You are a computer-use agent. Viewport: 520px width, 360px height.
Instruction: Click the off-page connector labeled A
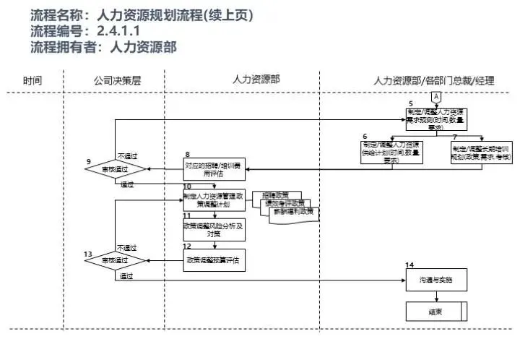(435, 97)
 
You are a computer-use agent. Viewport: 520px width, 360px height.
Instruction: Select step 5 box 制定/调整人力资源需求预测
(435, 118)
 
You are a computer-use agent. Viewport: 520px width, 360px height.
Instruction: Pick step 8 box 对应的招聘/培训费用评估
(214, 168)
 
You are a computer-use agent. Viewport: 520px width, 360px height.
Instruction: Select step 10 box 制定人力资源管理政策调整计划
(214, 200)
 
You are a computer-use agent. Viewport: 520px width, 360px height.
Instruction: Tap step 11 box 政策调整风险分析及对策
(214, 229)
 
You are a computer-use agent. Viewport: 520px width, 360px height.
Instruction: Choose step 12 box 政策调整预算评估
(214, 260)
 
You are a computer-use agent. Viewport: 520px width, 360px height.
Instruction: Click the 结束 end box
(435, 311)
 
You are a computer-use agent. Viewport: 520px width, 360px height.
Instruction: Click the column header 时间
(32, 80)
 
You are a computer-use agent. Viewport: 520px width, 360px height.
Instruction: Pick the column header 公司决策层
(117, 80)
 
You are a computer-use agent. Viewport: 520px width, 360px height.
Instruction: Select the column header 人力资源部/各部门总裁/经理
(434, 80)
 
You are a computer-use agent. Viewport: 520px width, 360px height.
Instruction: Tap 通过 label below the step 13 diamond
(127, 275)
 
